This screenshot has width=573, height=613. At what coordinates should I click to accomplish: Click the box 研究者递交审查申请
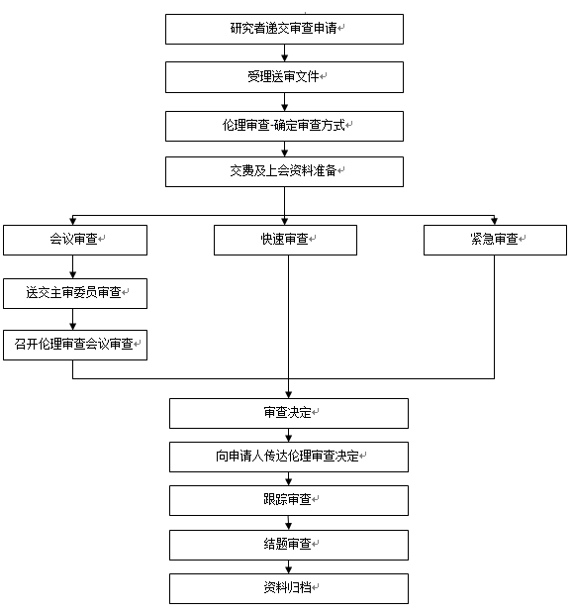pos(284,30)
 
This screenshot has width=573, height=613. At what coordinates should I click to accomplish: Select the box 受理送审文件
pos(284,77)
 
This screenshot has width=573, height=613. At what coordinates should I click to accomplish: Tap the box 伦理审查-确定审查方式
pos(284,127)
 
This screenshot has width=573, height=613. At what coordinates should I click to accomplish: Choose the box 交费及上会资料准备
pos(284,171)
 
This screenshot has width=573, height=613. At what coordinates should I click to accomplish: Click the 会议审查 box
pos(75,240)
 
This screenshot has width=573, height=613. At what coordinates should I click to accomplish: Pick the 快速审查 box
pos(285,240)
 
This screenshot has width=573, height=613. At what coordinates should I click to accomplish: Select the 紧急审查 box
pos(495,240)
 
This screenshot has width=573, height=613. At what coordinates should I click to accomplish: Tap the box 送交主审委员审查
pos(75,293)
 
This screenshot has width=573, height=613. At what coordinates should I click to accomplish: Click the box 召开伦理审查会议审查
pos(75,345)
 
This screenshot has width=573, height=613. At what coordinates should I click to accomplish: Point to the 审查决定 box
pos(289,413)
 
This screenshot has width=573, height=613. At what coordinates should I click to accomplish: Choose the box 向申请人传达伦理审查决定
pos(289,457)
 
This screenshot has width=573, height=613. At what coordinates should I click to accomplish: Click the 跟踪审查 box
pos(289,500)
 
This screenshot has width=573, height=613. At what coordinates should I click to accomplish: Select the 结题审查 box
pos(289,545)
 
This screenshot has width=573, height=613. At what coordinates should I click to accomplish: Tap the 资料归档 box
pos(289,589)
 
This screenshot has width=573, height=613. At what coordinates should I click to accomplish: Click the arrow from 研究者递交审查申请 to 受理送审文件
pos(284,52)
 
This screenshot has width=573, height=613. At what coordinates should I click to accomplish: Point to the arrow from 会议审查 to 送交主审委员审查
pos(72,267)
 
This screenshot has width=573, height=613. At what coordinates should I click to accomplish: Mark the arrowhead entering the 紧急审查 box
pos(494,221)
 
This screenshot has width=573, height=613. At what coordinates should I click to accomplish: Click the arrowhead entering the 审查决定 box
pos(289,394)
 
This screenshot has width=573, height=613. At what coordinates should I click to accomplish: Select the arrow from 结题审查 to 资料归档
pos(289,566)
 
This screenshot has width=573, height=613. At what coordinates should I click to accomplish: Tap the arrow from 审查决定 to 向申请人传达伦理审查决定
pos(289,435)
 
